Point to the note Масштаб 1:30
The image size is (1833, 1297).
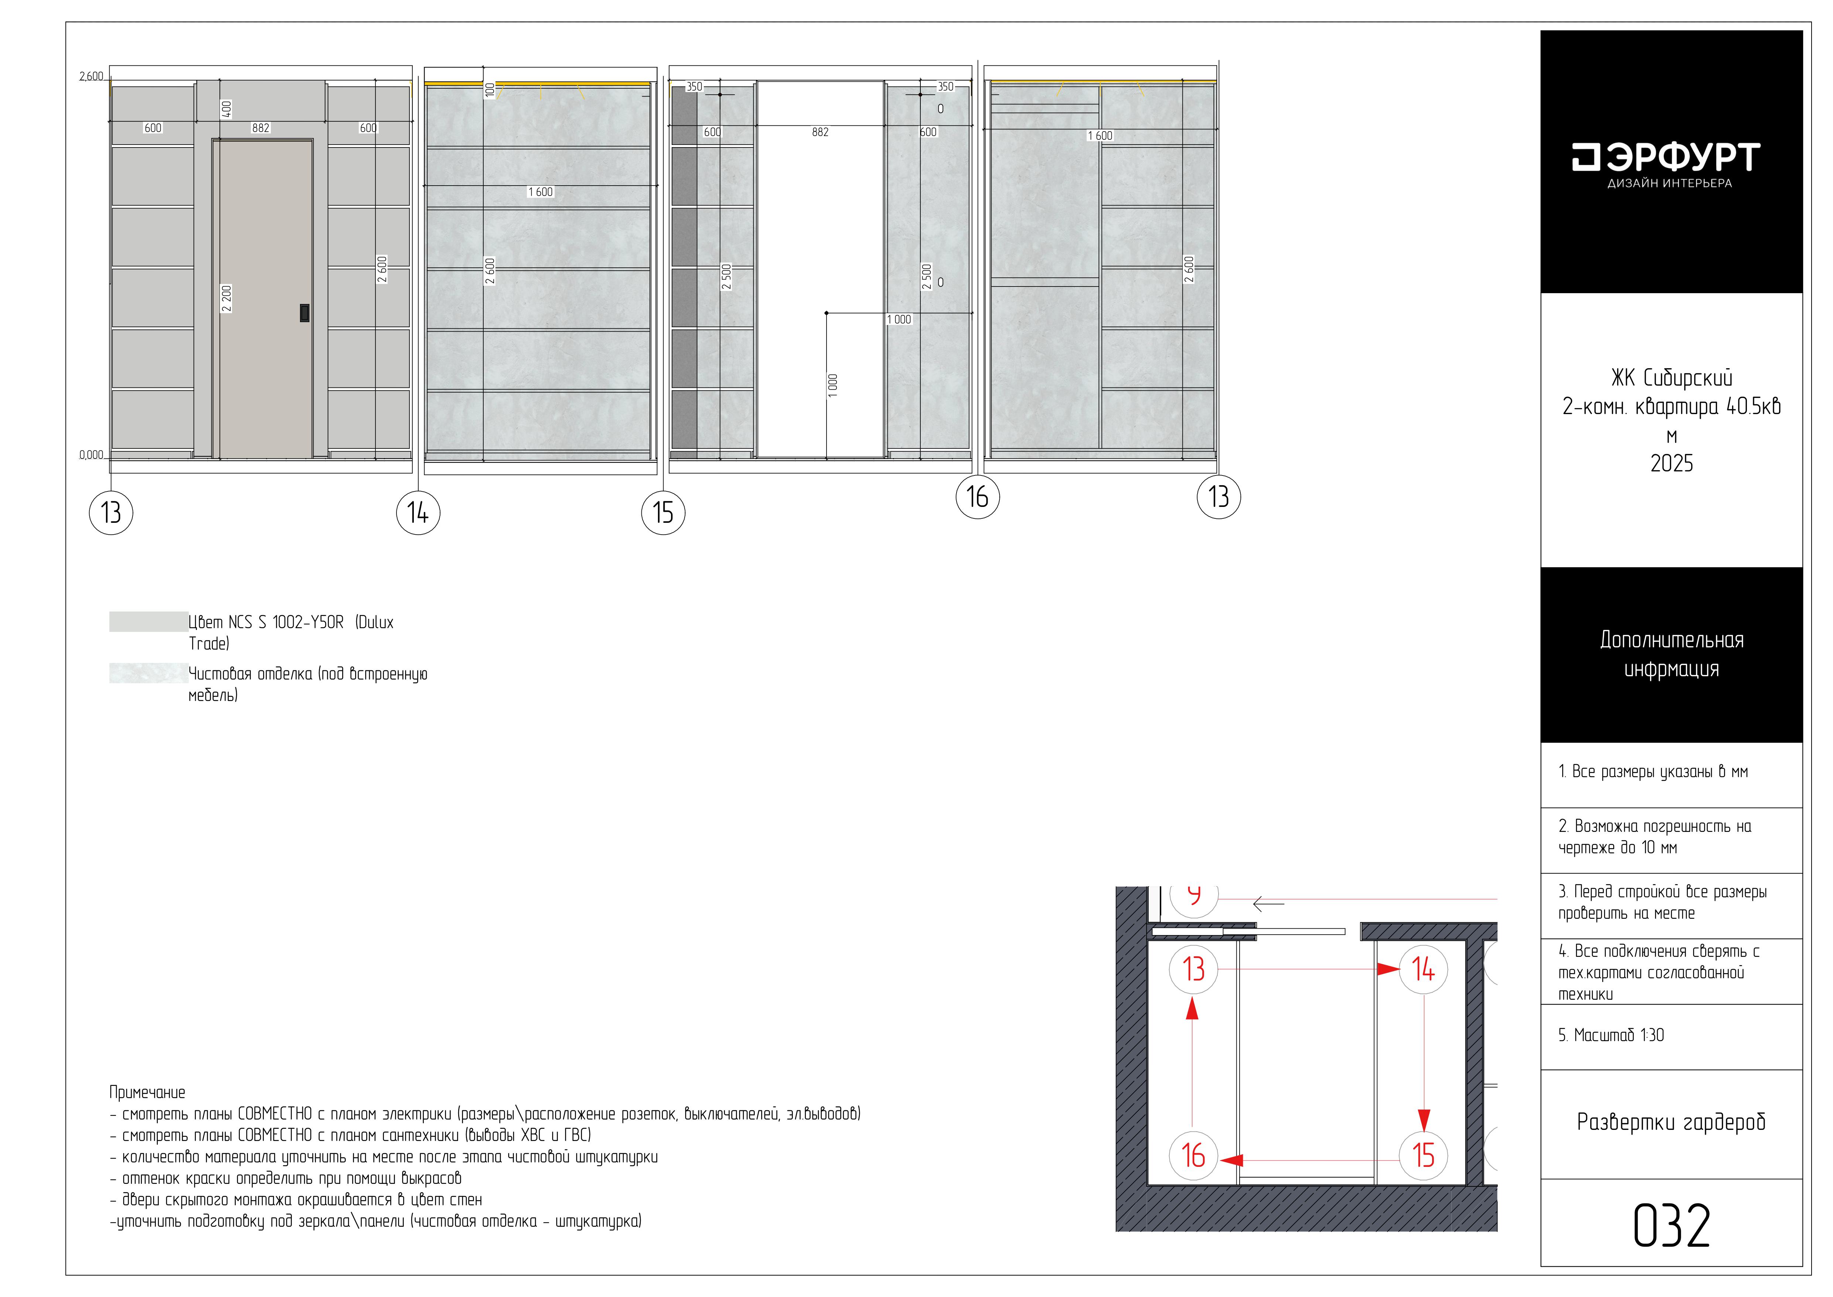[1611, 1035]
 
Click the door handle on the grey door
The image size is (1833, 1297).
[304, 313]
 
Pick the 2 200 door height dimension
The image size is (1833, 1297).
[227, 299]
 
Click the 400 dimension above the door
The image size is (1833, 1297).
[227, 109]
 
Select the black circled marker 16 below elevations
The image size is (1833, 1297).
[978, 497]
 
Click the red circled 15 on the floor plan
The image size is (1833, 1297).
[1424, 1155]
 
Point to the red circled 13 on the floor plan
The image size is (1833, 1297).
[1193, 969]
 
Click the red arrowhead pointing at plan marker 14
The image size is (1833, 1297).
[1388, 969]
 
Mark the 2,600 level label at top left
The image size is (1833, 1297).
[91, 77]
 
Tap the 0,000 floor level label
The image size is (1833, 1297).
[91, 455]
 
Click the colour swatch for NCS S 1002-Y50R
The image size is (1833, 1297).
[149, 622]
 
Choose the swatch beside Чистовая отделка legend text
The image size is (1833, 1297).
[149, 673]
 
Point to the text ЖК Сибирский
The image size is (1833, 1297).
[1672, 378]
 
